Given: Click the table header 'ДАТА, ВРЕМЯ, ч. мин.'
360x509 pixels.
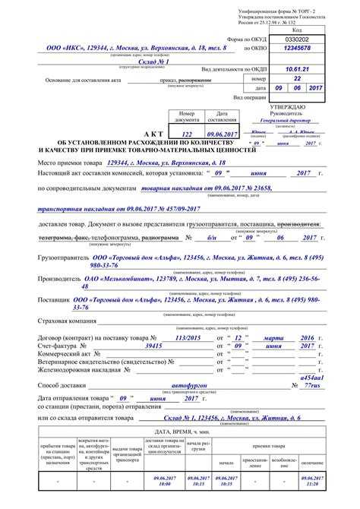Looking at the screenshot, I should coord(181,431).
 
